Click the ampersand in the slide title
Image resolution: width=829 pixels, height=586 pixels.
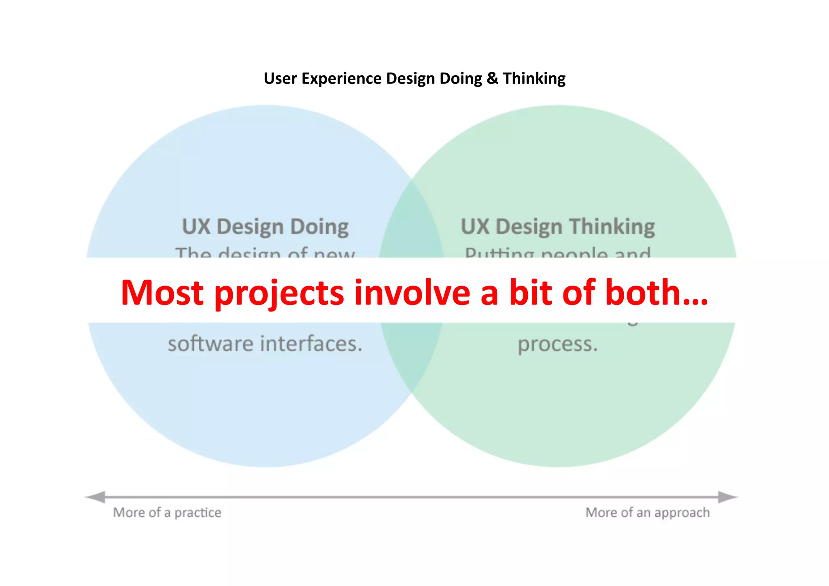(x=492, y=79)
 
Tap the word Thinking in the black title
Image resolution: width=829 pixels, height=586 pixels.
(x=534, y=79)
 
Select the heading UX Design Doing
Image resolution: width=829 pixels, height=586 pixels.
(x=265, y=226)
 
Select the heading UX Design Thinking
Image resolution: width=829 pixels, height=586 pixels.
(x=558, y=226)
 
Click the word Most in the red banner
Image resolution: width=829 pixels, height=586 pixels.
(x=162, y=292)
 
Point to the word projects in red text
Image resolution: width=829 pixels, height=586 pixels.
(x=279, y=293)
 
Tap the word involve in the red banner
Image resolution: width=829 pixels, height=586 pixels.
(x=412, y=292)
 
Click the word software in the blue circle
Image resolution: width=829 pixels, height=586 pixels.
(x=210, y=344)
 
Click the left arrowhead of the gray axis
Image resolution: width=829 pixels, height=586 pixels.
(x=96, y=497)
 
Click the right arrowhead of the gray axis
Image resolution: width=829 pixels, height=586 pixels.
(x=728, y=497)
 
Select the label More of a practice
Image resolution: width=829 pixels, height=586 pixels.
(x=167, y=513)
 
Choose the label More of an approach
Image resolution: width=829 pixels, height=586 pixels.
(x=647, y=513)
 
